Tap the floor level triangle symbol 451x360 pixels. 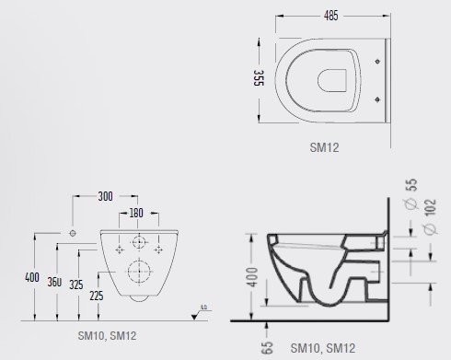202,308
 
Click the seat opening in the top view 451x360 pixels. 334,79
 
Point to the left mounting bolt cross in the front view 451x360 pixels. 119,249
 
